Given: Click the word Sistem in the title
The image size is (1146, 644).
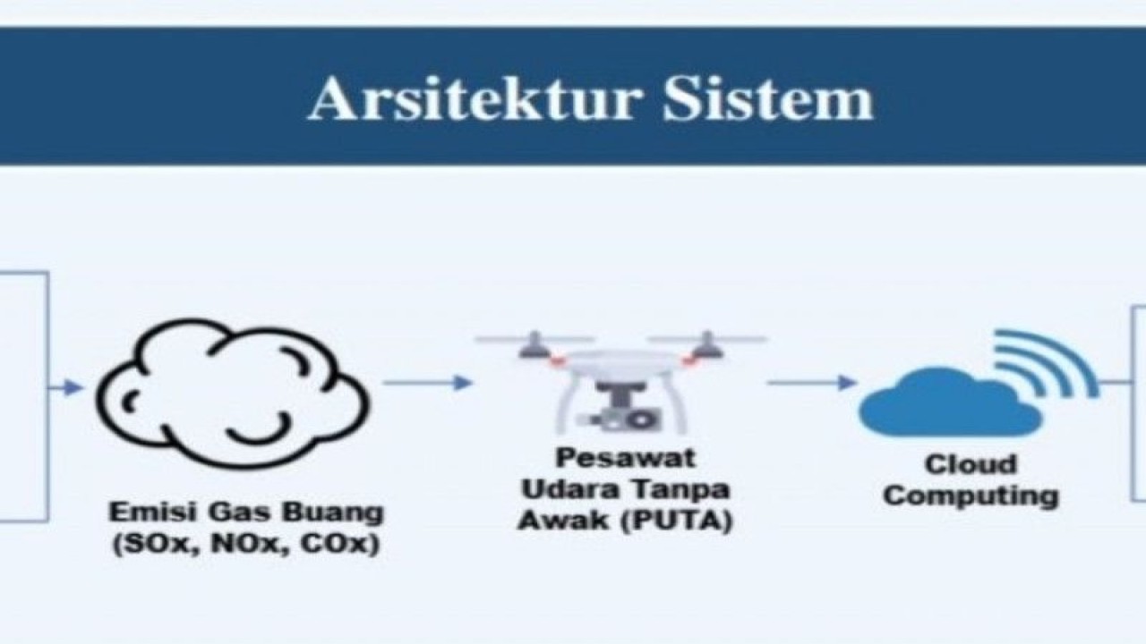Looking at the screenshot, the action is coord(768,98).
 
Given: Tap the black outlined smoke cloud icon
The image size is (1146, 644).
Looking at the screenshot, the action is coord(233,393).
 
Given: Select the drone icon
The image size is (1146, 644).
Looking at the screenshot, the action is coord(621,382).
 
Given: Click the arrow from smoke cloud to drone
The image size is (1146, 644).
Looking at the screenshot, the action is coord(428,383).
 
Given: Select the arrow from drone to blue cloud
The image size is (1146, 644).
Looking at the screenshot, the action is coord(812,382).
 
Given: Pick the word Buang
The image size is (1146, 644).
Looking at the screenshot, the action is coord(333,513).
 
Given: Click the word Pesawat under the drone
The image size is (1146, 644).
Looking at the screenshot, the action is coord(626,457).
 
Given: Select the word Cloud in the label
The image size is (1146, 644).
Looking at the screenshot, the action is coord(971,464).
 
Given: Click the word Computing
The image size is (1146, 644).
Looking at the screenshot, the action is coord(971,496).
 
